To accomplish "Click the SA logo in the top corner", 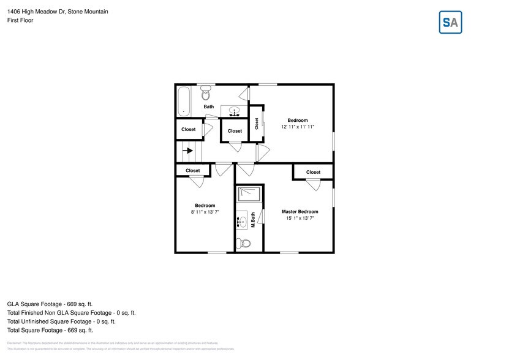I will [450, 23].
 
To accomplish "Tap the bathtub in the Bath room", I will [184, 101].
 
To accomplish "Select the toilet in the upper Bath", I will [206, 94].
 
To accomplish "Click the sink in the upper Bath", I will [235, 111].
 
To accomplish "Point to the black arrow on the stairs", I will [189, 150].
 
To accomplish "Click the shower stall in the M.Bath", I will [249, 194].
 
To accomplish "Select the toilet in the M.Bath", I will [244, 244].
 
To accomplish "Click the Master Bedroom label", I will [300, 212].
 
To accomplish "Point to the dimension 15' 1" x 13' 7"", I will [300, 219].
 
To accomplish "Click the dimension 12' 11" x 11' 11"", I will [298, 127].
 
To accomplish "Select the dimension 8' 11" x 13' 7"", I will [205, 212].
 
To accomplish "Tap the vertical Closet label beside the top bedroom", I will [257, 124].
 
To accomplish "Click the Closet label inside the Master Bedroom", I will [313, 172].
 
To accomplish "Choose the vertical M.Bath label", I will [252, 220].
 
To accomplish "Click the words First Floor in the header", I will [20, 20].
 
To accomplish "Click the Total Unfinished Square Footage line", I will [61, 321].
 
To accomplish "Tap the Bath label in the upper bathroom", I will [209, 107].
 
